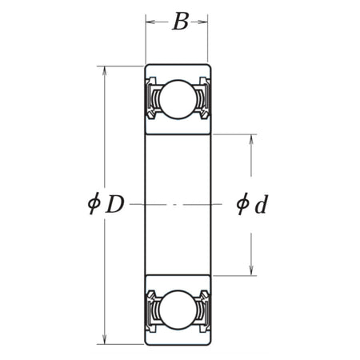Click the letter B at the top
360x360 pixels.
(181, 22)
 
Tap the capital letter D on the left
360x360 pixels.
(116, 205)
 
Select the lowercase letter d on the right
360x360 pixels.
(260, 205)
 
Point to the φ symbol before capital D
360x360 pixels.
(94, 205)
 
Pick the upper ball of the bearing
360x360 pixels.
(177, 99)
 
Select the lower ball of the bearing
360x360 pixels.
(177, 308)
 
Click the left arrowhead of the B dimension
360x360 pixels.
(149, 22)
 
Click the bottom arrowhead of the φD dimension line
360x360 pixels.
(105, 340)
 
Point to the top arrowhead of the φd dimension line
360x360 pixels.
(253, 138)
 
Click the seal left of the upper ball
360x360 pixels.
(151, 100)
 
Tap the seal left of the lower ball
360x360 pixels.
(151, 308)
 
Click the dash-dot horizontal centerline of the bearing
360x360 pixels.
(177, 205)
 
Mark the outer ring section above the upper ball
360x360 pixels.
(177, 72)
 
